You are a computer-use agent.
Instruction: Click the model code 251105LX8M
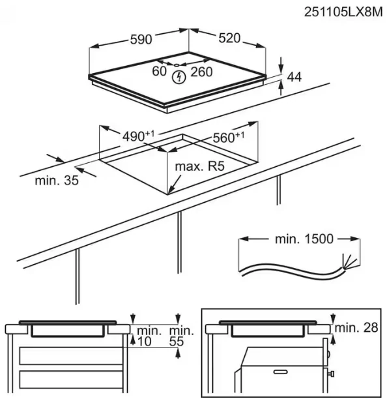pos(343,12)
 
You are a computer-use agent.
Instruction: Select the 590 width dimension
pos(141,39)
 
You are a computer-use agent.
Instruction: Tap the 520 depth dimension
pos(229,38)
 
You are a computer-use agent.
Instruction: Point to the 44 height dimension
pos(294,77)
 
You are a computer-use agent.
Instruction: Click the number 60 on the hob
pos(159,71)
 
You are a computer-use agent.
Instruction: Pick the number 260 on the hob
pos(201,72)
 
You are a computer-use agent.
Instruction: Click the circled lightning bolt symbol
pos(179,78)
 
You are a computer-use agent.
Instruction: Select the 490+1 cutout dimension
pos(138,136)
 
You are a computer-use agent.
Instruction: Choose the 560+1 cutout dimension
pos(229,138)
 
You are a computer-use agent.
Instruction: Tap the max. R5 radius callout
pos(200,166)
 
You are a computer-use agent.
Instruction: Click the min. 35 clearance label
pos(57,181)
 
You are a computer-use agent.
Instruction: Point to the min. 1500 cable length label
pos(304,239)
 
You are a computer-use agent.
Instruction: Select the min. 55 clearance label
pos(181,336)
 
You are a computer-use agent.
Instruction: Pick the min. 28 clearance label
pos(356,328)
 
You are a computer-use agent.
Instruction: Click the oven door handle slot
pos(280,372)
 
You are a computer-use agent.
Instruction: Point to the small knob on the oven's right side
pos(332,374)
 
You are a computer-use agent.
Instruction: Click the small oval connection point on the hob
pos(177,65)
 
